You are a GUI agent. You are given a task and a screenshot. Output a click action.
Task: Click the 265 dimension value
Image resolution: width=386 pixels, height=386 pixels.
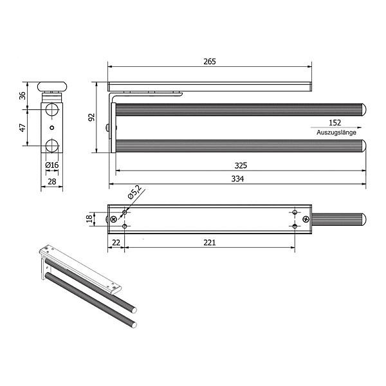(x=209, y=62)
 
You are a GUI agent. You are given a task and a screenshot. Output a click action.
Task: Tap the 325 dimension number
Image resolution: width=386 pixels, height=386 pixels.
(x=241, y=165)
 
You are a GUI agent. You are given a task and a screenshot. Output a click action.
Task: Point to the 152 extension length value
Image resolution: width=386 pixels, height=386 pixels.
(x=335, y=123)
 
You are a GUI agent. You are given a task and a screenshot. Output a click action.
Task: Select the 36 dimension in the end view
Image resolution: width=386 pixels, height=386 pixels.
(x=23, y=95)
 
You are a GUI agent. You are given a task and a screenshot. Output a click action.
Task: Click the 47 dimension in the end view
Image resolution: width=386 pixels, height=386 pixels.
(x=23, y=127)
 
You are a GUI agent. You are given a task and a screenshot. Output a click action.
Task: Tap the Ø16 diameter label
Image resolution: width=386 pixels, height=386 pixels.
(x=52, y=165)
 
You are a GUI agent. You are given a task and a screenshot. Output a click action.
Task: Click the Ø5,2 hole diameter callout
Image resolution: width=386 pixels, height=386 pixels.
(x=134, y=192)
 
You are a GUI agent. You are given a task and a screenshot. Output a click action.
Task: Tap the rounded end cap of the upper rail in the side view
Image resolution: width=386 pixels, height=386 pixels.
(x=364, y=109)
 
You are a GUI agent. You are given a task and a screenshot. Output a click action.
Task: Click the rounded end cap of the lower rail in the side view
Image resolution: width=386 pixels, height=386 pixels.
(x=364, y=145)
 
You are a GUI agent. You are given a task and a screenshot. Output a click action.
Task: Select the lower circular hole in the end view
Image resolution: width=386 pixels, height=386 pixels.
(x=52, y=145)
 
